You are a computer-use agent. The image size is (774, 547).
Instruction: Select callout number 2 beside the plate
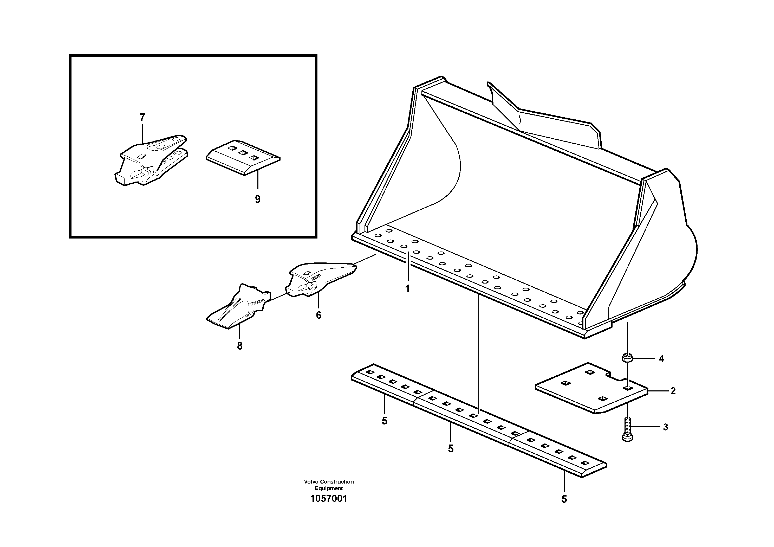click(673, 391)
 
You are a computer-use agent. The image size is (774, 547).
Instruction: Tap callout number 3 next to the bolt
click(665, 427)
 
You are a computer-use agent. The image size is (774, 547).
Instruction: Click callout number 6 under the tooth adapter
click(318, 315)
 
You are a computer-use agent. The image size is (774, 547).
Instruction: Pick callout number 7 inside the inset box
click(142, 117)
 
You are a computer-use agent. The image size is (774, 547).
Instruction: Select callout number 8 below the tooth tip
click(240, 346)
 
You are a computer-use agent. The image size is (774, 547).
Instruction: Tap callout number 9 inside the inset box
click(258, 199)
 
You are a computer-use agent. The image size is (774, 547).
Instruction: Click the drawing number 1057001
click(328, 498)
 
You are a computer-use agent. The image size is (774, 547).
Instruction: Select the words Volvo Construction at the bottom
click(328, 481)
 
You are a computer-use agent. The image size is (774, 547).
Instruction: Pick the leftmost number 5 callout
click(384, 421)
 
